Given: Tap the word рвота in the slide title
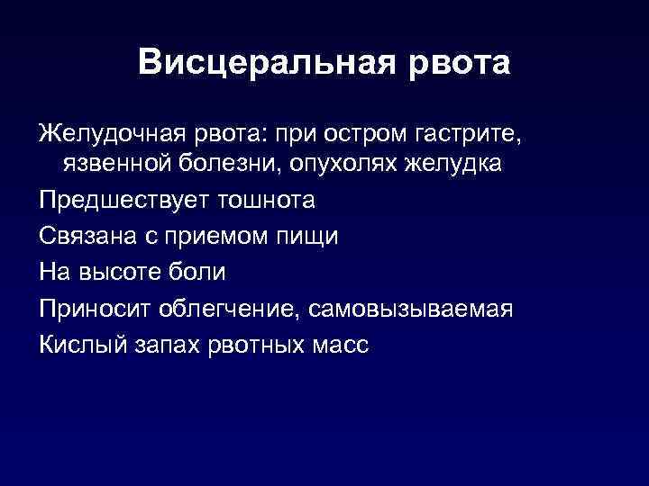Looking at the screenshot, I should pos(460,63).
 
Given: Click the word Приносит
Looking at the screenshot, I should pos(95,308).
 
